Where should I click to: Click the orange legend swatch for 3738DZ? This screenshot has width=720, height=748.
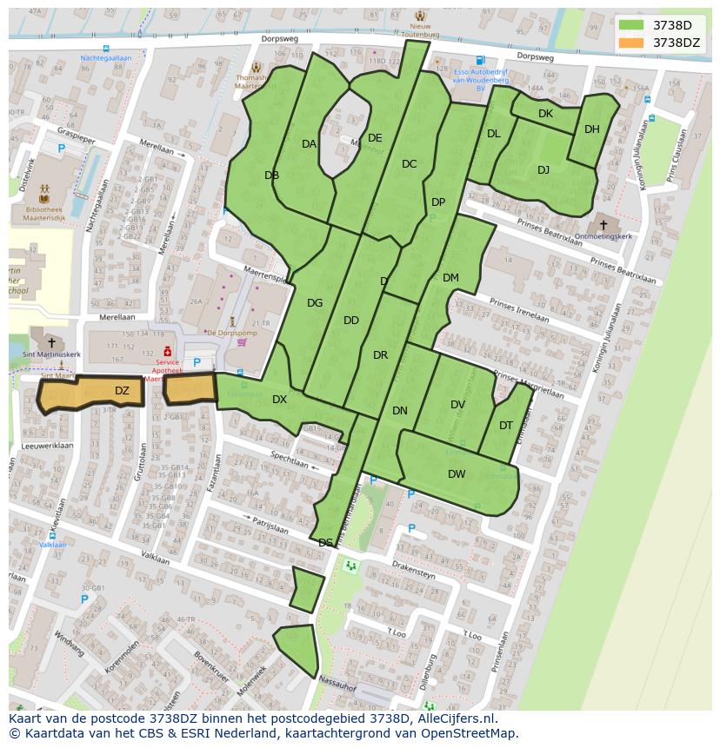pyautogui.click(x=631, y=43)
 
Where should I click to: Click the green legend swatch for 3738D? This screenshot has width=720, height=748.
pyautogui.click(x=631, y=25)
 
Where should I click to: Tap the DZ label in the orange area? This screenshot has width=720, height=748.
pyautogui.click(x=122, y=391)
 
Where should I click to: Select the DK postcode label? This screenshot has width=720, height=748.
pyautogui.click(x=545, y=114)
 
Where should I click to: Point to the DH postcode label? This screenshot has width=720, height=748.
pyautogui.click(x=592, y=129)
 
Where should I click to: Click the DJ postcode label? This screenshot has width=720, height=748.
pyautogui.click(x=543, y=170)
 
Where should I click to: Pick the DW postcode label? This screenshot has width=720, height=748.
pyautogui.click(x=457, y=474)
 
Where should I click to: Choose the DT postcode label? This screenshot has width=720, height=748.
pyautogui.click(x=506, y=426)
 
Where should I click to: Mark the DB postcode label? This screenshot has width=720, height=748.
pyautogui.click(x=271, y=175)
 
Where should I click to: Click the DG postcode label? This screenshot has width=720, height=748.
pyautogui.click(x=315, y=303)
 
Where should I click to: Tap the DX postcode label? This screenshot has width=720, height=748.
pyautogui.click(x=279, y=400)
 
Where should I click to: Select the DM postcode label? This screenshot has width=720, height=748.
pyautogui.click(x=450, y=278)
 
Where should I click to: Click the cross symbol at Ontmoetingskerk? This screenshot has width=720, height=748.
pyautogui.click(x=603, y=225)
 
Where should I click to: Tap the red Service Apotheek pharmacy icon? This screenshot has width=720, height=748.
pyautogui.click(x=168, y=351)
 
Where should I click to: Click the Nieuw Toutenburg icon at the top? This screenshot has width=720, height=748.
pyautogui.click(x=421, y=17)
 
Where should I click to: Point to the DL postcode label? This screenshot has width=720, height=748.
pyautogui.click(x=494, y=134)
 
